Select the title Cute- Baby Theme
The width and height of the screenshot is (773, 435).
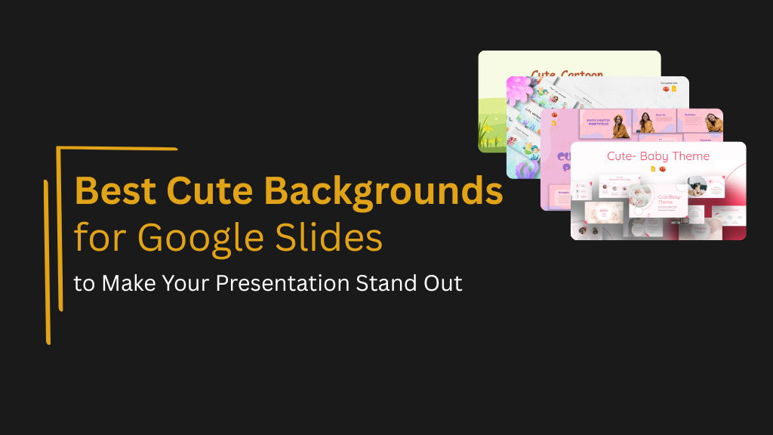(658, 156)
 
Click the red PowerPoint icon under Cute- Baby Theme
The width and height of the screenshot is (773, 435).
(663, 169)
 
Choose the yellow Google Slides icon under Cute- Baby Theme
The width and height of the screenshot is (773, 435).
(654, 169)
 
